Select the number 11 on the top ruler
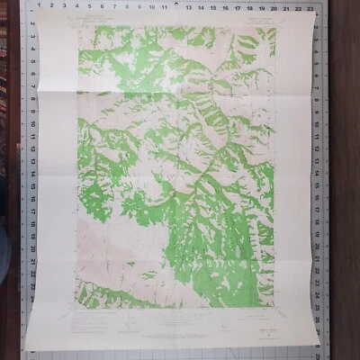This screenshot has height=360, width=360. pos(162,5)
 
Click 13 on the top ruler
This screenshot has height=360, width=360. pos(189,5)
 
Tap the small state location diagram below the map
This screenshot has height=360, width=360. pos(220,317)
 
